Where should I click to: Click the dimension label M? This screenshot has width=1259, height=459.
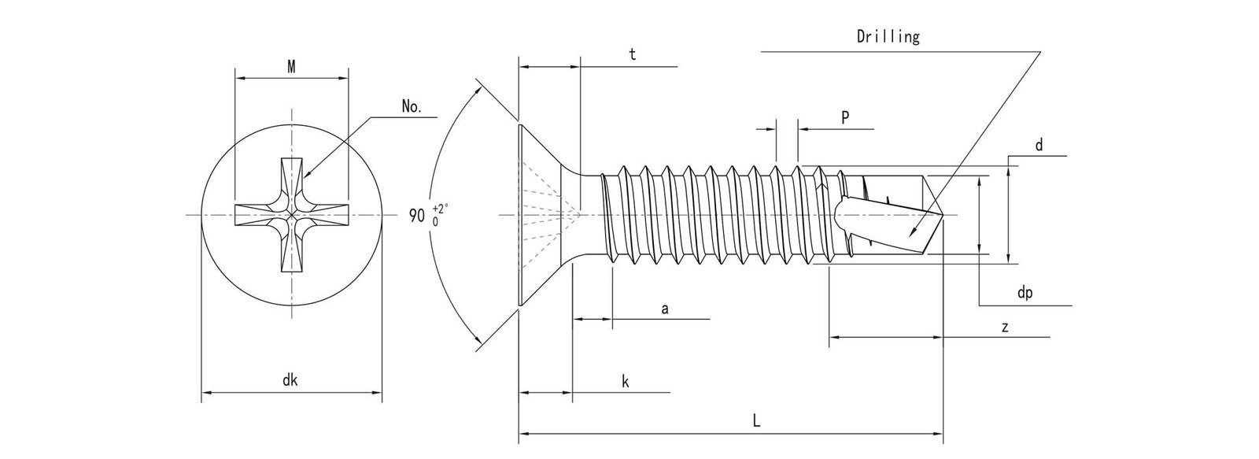coord(291,67)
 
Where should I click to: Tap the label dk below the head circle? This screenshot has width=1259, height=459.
coord(290,380)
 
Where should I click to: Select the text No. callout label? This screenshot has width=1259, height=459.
coord(411,107)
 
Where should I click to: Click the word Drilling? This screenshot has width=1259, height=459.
coord(887,37)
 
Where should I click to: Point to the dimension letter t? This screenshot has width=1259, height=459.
coord(632,54)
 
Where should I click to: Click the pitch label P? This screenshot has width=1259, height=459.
coord(844,118)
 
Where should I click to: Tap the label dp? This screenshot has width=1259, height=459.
coord(1025,293)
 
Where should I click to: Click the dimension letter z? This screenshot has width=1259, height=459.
coord(1005,327)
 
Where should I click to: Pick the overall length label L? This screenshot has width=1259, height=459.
coord(755,421)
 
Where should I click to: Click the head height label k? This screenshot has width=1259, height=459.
coord(625,382)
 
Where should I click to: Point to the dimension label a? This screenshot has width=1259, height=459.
coord(664,309)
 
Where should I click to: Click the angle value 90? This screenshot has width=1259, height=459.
coord(417,215)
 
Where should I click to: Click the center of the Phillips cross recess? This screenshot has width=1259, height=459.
coord(291,214)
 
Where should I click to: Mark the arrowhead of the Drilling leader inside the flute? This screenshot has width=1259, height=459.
coord(910,235)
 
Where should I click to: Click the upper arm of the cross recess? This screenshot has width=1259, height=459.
coord(291,177)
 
